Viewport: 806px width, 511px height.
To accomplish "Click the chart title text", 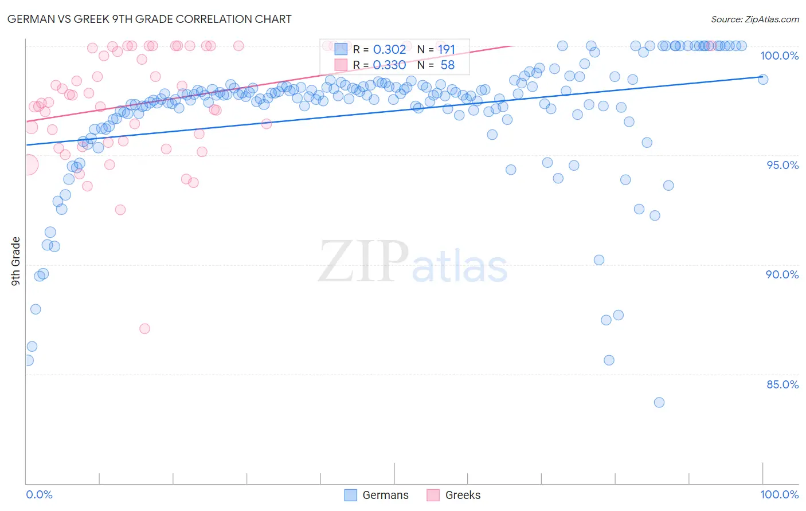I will pyautogui.click(x=149, y=19).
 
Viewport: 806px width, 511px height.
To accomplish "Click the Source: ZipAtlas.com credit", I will pyautogui.click(x=754, y=19).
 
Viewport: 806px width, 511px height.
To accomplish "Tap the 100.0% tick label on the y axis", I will pyautogui.click(x=779, y=56).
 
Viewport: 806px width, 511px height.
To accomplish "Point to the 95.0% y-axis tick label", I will pyautogui.click(x=782, y=165).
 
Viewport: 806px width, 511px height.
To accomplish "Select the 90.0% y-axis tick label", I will pyautogui.click(x=782, y=274).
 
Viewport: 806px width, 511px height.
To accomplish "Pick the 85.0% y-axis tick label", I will pyautogui.click(x=782, y=384).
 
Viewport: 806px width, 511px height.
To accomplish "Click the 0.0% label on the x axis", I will pyautogui.click(x=39, y=494).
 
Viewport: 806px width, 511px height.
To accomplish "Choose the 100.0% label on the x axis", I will pyautogui.click(x=779, y=494).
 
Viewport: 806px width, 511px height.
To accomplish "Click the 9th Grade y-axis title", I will pyautogui.click(x=15, y=261).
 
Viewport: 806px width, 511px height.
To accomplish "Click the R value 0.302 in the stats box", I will pyautogui.click(x=389, y=50).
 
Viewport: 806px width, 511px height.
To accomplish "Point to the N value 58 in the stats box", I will pyautogui.click(x=447, y=65).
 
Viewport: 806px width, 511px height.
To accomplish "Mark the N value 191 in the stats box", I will pyautogui.click(x=447, y=50).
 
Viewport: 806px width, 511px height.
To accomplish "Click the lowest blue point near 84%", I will pyautogui.click(x=659, y=403).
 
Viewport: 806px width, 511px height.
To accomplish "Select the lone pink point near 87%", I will pyautogui.click(x=144, y=329).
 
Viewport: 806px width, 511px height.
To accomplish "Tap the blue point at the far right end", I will pyautogui.click(x=763, y=80).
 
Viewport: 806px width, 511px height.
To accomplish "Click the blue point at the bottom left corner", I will pyautogui.click(x=28, y=360).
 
